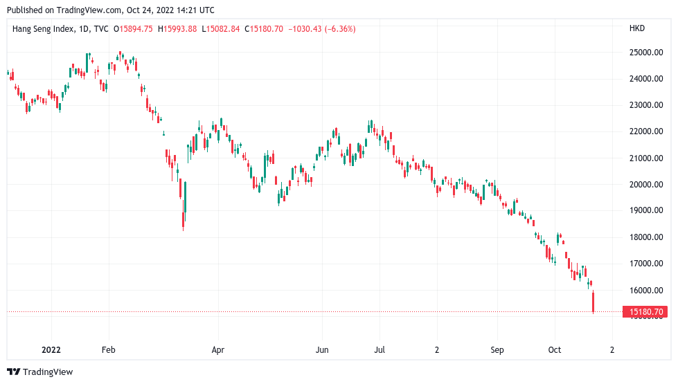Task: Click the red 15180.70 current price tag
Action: coord(648,312)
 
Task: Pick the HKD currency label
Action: coord(636,28)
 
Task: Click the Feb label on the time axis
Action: coord(107,350)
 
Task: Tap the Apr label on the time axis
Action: coord(219,350)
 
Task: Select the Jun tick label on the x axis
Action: coord(322,350)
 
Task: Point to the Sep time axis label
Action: coord(497,350)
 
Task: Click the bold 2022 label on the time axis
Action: coord(52,350)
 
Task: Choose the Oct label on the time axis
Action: coord(554,350)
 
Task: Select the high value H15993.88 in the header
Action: coord(177,28)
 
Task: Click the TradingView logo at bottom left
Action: coord(39,372)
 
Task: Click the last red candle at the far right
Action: coord(594,302)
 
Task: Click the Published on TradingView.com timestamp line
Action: coord(110,10)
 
